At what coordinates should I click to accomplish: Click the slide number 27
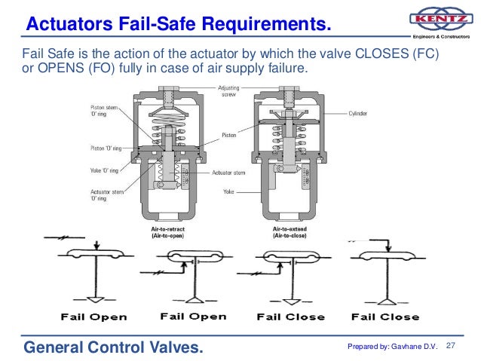pos(452,346)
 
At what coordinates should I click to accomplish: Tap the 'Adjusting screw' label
pos(229,91)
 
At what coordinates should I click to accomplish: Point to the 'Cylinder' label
pos(357,115)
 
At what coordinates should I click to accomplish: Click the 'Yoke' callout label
pos(230,191)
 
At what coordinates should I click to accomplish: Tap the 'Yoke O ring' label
pos(105,172)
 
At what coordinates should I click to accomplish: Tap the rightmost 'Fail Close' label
pos(384,317)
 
